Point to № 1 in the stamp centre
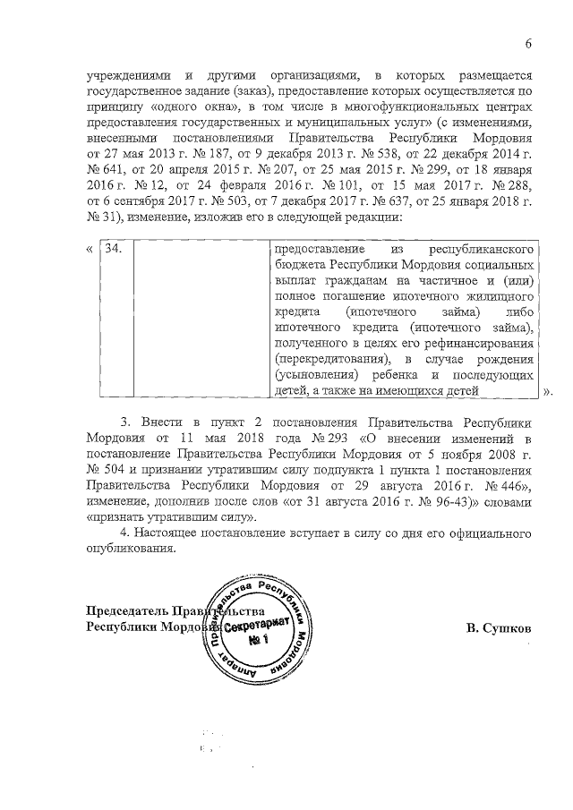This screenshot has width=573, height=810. [260, 642]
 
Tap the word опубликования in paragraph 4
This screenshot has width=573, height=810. [132, 550]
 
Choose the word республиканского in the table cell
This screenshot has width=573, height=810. [484, 247]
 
